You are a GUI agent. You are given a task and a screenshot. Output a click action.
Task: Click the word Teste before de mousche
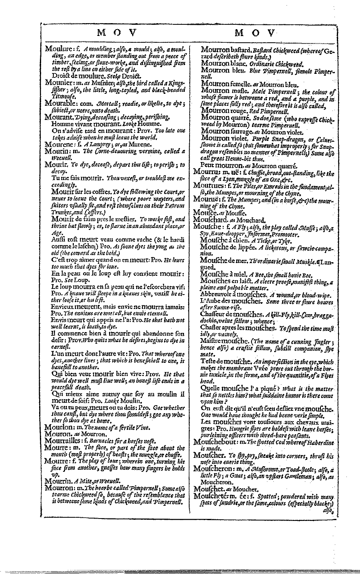(208, 361)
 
